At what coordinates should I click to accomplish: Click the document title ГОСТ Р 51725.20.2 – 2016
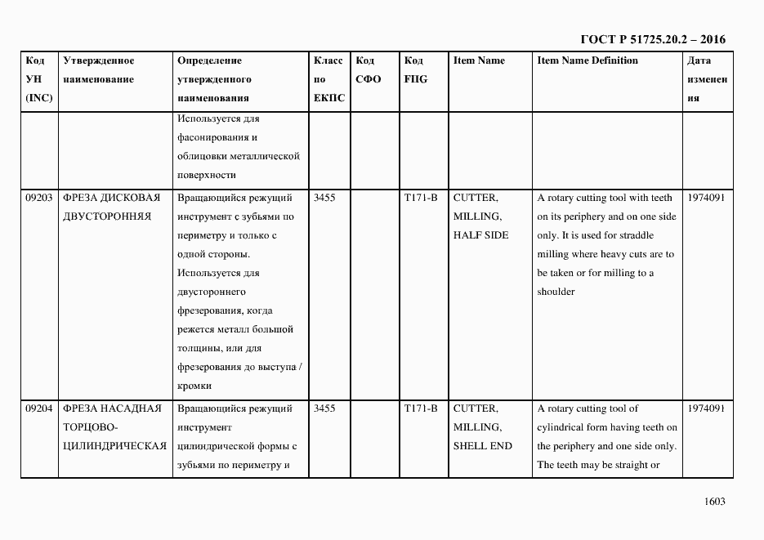click(652, 39)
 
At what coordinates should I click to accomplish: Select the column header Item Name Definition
click(588, 60)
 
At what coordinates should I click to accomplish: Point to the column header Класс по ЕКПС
click(329, 79)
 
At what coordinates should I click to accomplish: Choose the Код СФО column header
click(369, 69)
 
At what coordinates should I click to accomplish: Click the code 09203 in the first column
click(39, 198)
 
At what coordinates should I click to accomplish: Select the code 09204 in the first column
click(39, 408)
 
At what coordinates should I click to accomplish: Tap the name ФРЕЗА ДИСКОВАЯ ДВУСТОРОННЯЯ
click(111, 207)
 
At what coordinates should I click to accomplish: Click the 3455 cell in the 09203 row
click(324, 198)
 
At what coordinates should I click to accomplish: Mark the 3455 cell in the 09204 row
click(324, 408)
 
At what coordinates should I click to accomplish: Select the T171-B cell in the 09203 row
click(421, 198)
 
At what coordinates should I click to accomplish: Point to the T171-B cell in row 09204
click(421, 408)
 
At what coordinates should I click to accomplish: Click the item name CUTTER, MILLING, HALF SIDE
click(480, 216)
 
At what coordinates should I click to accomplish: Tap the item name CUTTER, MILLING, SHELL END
click(482, 427)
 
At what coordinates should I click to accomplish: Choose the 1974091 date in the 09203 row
click(706, 198)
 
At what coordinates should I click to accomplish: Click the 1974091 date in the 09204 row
click(706, 408)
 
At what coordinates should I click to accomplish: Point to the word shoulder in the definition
click(556, 292)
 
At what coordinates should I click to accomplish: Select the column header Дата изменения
click(707, 79)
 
